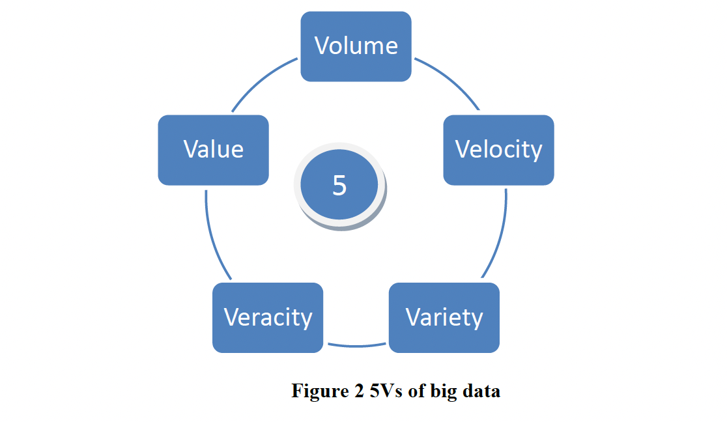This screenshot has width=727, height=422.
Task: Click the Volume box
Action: click(x=356, y=46)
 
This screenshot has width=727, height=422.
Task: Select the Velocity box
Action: click(x=498, y=150)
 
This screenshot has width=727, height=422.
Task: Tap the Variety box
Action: click(x=444, y=317)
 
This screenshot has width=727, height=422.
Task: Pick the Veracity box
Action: click(x=268, y=317)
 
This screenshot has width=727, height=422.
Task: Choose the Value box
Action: click(x=213, y=150)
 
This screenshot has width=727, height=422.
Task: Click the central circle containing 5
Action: click(x=339, y=185)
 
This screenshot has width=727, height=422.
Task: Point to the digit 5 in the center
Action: click(x=339, y=186)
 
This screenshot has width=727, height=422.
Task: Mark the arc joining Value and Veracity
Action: click(x=212, y=238)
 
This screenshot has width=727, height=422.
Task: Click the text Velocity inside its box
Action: click(x=498, y=150)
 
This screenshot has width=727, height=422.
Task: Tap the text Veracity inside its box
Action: click(x=268, y=317)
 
